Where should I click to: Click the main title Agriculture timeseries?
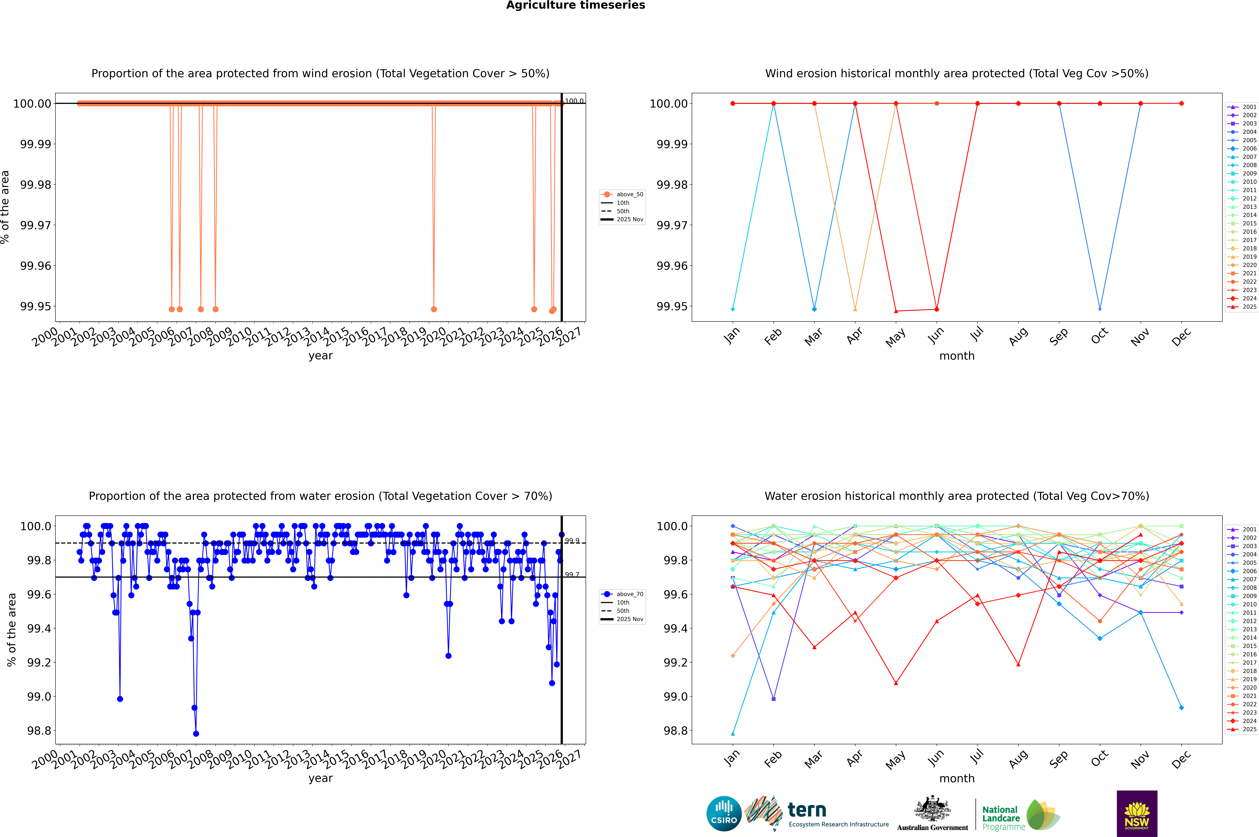575,5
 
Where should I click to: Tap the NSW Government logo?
1137,814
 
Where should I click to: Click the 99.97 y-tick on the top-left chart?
36,225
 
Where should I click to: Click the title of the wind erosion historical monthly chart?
956,74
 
